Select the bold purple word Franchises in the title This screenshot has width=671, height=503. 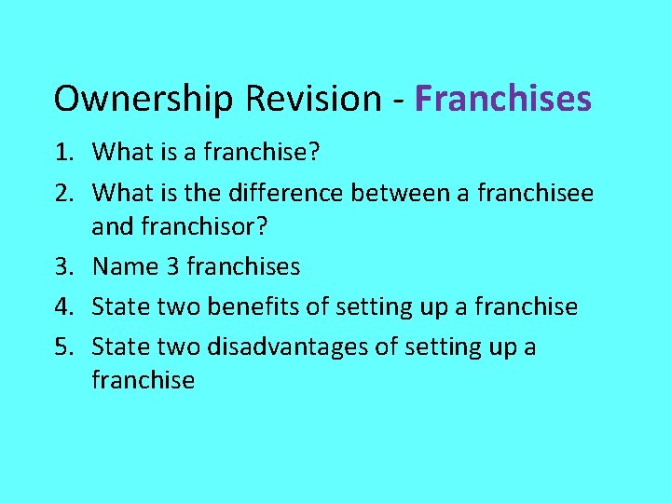pyautogui.click(x=503, y=99)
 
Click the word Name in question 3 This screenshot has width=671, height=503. pyautogui.click(x=125, y=267)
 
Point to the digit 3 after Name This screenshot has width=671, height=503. pyautogui.click(x=173, y=267)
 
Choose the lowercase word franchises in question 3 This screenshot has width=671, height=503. pyautogui.click(x=243, y=267)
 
